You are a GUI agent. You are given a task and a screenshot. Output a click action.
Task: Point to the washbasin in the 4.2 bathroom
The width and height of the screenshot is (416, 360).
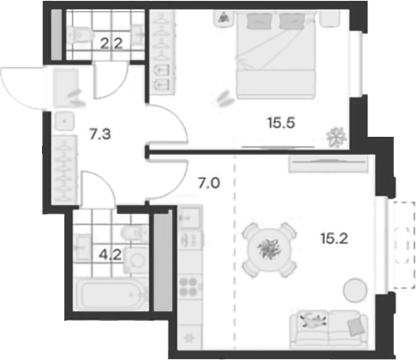click(x=133, y=262)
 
